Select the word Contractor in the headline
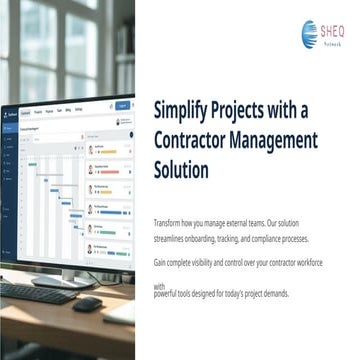click(x=197, y=139)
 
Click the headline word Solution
click(x=181, y=169)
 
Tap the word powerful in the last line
click(x=169, y=293)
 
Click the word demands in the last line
click(x=272, y=293)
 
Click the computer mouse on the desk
click(x=87, y=303)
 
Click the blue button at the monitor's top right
click(x=123, y=104)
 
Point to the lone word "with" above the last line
click(x=159, y=285)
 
